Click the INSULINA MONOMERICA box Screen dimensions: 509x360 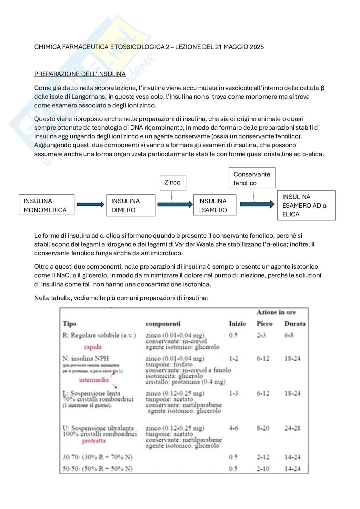(46, 205)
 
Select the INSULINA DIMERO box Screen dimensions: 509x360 (131, 205)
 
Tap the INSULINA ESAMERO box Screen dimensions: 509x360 (215, 205)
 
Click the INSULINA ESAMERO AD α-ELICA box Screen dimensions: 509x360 (306, 205)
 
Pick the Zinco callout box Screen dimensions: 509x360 (173, 183)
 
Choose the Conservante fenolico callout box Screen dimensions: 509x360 (252, 178)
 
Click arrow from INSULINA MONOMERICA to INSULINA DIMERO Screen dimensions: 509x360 (90, 204)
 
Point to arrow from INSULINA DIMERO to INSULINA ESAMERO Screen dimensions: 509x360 (175, 204)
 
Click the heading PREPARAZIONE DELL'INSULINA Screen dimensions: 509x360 (80, 74)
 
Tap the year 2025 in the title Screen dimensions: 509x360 (256, 47)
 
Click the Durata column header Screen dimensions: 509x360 (295, 324)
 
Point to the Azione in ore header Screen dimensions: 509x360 (276, 312)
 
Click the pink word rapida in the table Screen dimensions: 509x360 (93, 347)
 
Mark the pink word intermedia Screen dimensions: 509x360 (94, 380)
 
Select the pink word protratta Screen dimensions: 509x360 (94, 441)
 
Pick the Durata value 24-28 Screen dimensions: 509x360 (292, 428)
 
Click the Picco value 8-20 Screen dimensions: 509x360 (263, 428)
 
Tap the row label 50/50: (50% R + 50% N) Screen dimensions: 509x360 (97, 468)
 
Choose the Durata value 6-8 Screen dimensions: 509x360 (289, 335)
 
